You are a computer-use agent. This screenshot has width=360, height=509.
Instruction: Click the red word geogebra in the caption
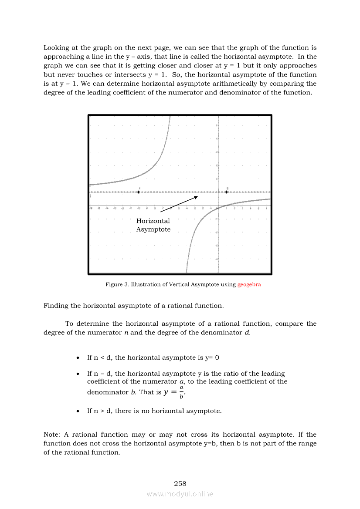pos(249,285)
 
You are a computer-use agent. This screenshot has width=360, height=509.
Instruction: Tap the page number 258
pos(180,483)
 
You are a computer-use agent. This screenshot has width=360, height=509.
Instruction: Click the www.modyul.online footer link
pos(180,494)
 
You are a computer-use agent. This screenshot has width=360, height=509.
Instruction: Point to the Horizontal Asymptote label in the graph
pos(153,225)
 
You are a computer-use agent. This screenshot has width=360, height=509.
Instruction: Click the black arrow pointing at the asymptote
pos(179,204)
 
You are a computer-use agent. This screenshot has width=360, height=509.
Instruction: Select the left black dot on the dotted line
pos(139,192)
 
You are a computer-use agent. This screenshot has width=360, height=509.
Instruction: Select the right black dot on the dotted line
pos(227,192)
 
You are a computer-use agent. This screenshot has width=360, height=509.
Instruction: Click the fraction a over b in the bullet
pos(181,392)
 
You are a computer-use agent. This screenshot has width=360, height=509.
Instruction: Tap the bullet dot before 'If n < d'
pos(77,358)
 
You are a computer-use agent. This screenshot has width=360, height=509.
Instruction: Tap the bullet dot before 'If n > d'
pos(77,411)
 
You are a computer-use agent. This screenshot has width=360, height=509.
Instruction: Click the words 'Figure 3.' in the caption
pos(117,285)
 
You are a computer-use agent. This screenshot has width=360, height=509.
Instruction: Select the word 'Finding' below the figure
pos(56,306)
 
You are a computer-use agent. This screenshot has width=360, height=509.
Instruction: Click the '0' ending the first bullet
pos(217,358)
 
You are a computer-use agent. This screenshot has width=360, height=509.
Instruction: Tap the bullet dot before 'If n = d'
pos(77,374)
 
